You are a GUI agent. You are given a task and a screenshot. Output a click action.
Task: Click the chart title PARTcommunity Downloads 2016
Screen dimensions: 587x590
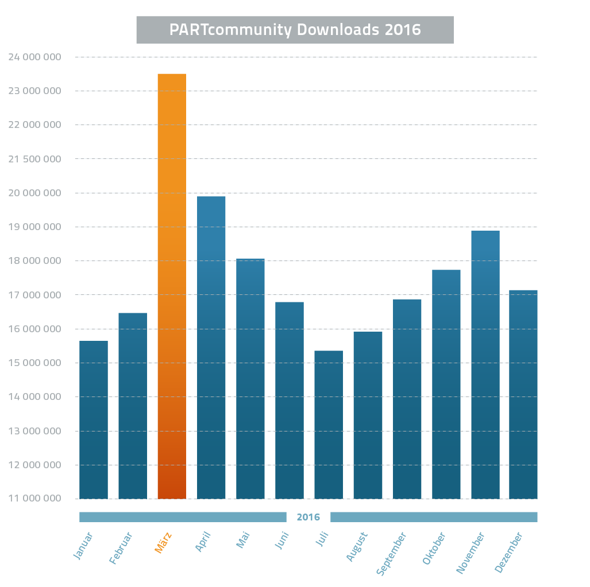pos(295,30)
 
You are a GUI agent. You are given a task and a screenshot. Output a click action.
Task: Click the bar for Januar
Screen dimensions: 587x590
pos(94,419)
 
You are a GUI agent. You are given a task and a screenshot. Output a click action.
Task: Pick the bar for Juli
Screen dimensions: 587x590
pos(329,425)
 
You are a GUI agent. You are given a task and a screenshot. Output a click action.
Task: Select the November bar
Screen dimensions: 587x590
pos(485,364)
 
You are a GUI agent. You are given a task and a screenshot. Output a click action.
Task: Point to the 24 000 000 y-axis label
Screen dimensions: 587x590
pos(34,57)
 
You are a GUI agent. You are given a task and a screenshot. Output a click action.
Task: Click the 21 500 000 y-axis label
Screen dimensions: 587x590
pos(34,159)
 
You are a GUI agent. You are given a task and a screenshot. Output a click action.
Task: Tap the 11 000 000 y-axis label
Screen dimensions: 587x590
pos(34,498)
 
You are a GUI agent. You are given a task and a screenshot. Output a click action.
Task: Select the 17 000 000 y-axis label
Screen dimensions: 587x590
pos(34,295)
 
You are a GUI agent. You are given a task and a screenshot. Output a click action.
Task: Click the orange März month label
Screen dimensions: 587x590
pos(163,543)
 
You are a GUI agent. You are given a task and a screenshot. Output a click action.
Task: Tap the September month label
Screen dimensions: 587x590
pos(391,553)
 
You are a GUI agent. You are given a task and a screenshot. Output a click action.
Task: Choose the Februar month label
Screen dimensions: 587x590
pos(121,548)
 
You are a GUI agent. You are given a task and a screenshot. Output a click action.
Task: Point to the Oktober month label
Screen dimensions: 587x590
pos(434,549)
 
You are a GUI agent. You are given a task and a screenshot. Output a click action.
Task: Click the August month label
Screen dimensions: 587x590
pos(356,547)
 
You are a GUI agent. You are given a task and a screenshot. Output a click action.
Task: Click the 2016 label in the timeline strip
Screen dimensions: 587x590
pos(308,517)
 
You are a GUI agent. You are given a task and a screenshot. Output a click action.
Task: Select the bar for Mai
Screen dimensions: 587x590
pos(250,378)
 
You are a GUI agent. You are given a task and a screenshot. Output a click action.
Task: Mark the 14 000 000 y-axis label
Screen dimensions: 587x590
pos(34,396)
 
